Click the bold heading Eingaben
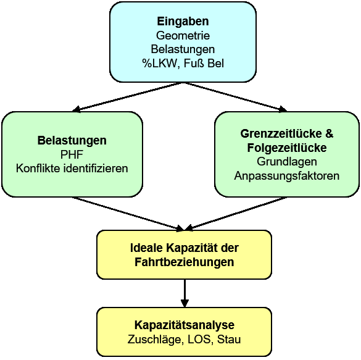(183, 22)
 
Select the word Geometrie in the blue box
(183, 35)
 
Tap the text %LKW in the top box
(159, 64)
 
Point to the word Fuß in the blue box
(194, 64)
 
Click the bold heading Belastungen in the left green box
(72, 141)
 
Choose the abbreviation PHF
(72, 154)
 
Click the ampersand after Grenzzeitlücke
(330, 133)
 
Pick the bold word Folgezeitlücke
(287, 148)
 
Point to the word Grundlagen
(287, 162)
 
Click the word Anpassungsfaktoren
(287, 176)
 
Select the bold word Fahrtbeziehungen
(184, 262)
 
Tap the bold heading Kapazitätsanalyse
(185, 325)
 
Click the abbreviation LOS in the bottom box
(199, 340)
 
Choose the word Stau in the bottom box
(229, 340)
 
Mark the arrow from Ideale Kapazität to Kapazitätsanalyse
(185, 293)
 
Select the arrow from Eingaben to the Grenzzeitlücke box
(236, 97)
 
